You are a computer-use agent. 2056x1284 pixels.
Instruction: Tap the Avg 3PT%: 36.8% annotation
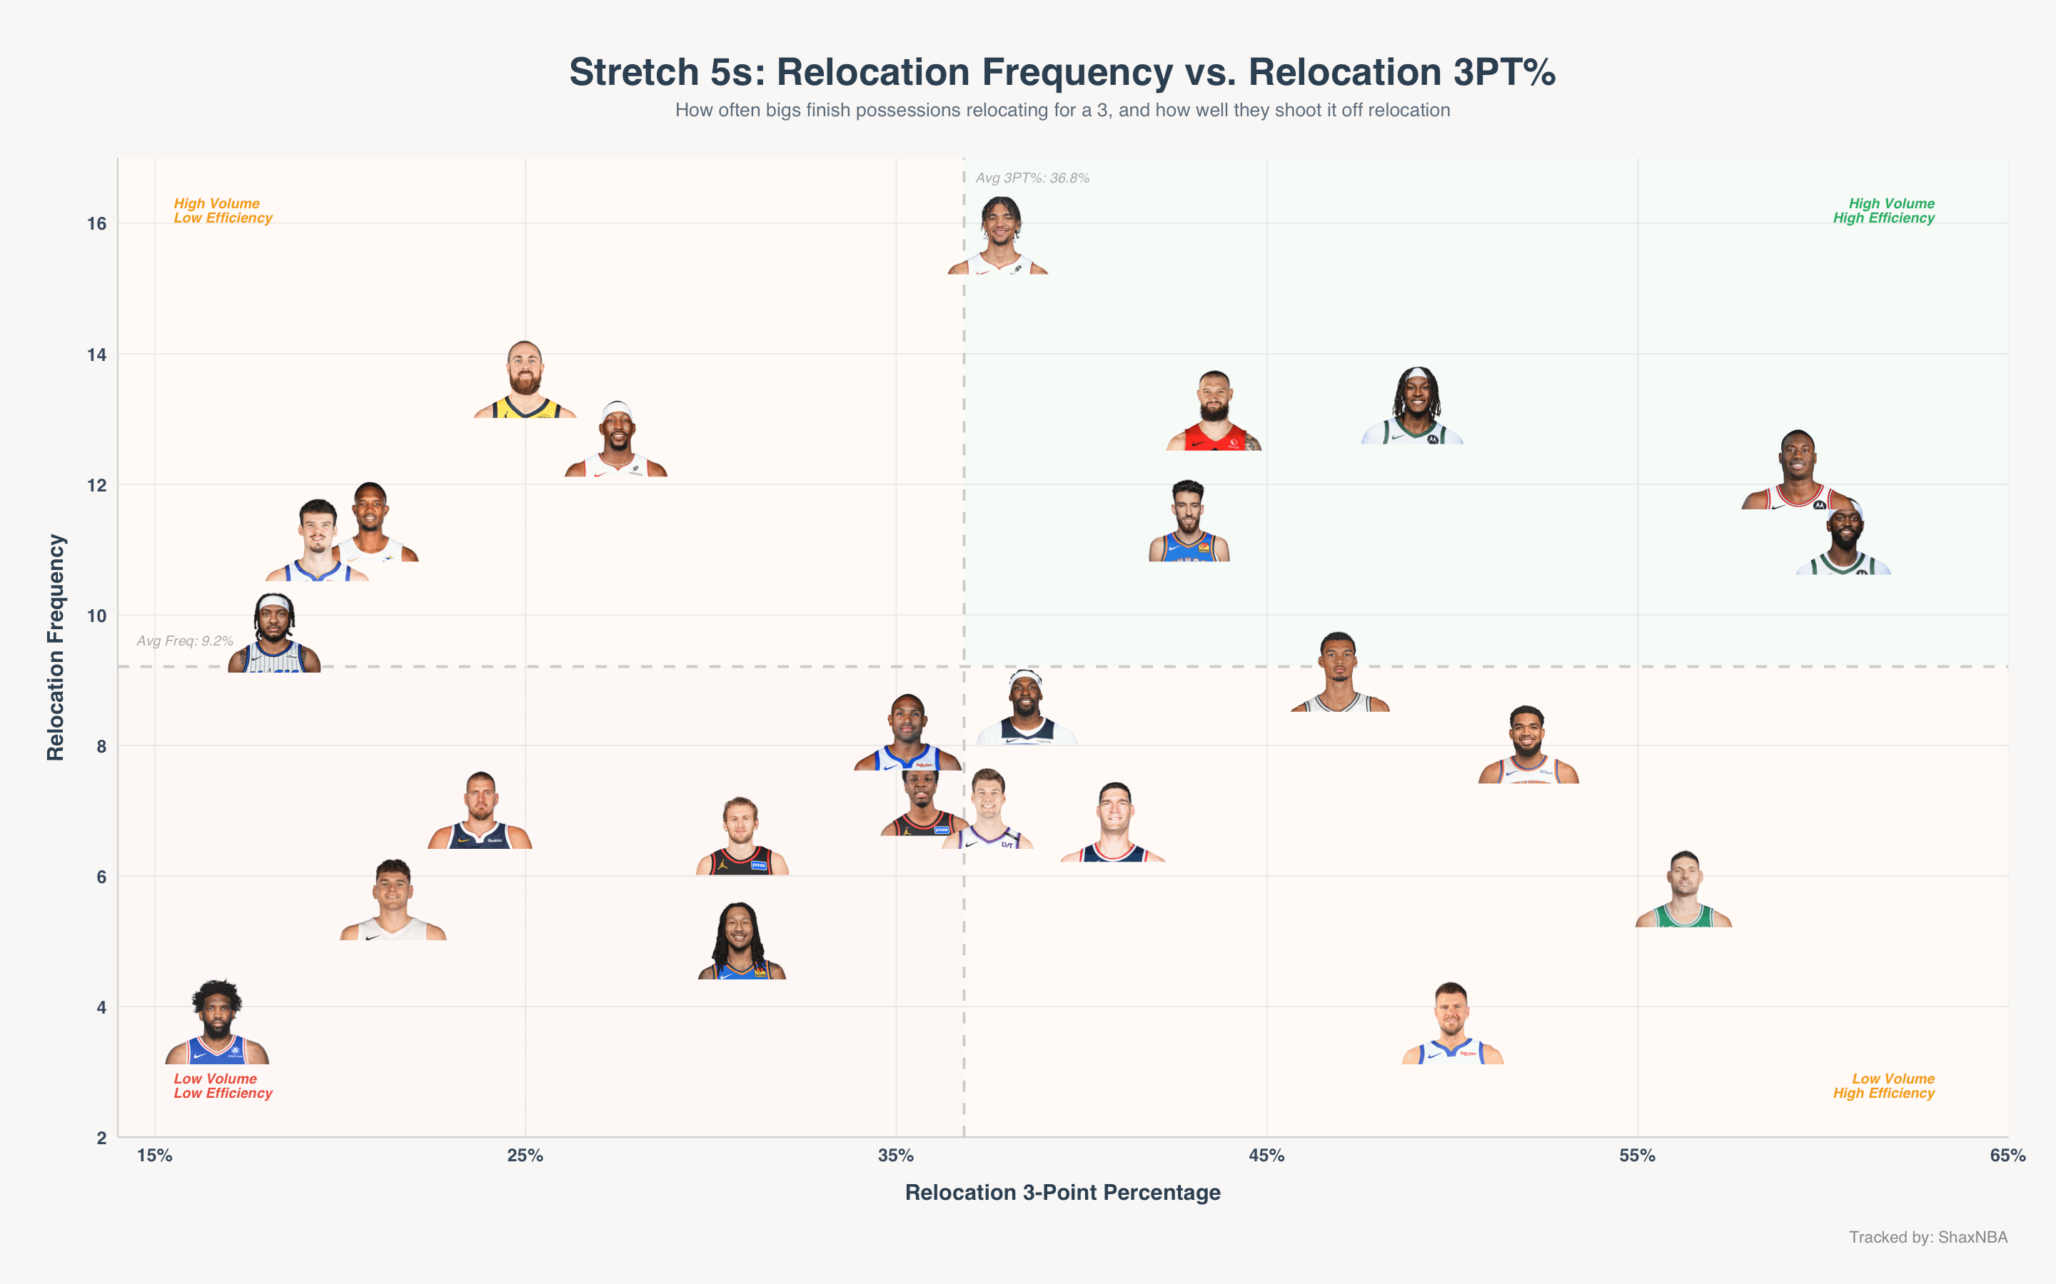coord(1032,178)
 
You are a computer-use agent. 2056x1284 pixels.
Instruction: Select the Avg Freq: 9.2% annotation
coord(185,641)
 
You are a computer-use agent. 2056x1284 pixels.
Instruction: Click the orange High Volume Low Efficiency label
coord(223,210)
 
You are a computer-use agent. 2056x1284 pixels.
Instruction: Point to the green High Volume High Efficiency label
coord(1883,210)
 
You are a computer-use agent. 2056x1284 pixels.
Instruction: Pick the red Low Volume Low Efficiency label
coord(223,1086)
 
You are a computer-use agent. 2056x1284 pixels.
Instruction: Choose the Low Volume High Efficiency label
coord(1883,1086)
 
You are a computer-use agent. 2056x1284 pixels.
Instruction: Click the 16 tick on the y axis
coord(97,224)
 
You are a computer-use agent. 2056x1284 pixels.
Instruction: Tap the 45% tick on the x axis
coord(1266,1156)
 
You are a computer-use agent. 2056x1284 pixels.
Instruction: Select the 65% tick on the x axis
coord(2007,1156)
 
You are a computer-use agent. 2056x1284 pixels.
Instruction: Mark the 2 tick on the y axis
coord(102,1138)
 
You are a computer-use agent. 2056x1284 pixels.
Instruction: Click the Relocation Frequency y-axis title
coord(56,647)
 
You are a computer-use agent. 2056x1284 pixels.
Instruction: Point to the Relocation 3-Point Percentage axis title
coord(1063,1193)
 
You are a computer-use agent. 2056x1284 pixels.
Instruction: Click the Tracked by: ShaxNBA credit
coord(1928,1238)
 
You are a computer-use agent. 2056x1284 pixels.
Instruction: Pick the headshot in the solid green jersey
coord(1684,888)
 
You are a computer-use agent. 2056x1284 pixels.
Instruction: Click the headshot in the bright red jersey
coord(1214,411)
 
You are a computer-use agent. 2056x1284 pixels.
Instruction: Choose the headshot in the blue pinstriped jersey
coord(274,633)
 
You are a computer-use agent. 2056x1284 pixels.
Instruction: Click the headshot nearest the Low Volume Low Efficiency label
coord(218,1021)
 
